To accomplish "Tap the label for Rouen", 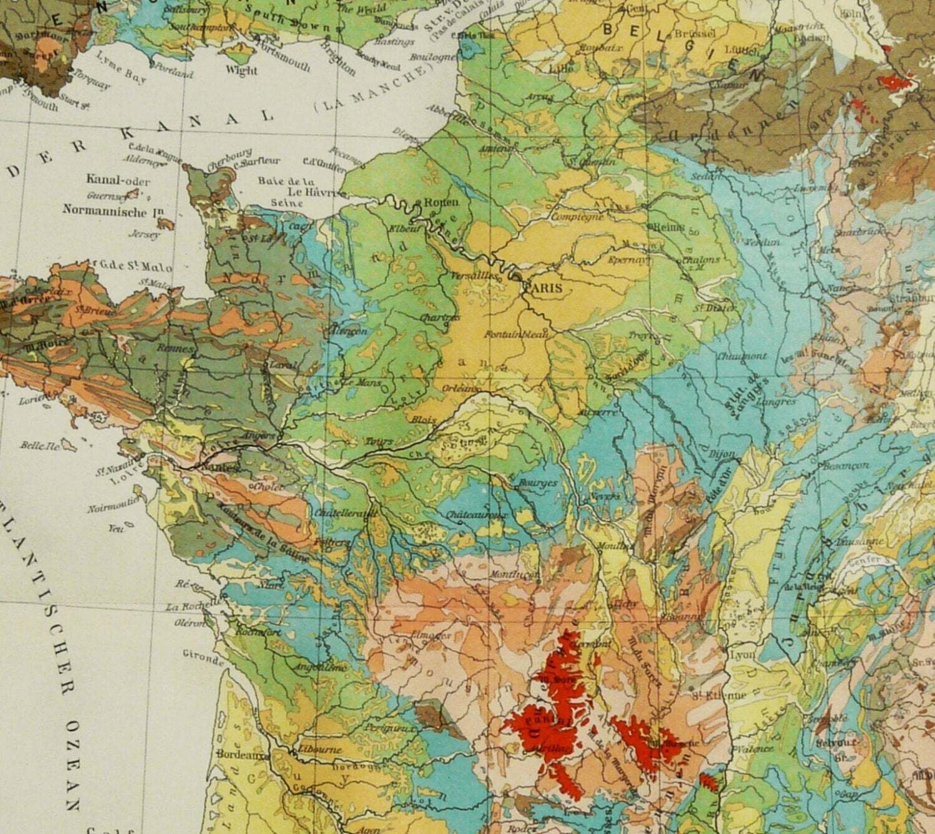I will pyautogui.click(x=441, y=202).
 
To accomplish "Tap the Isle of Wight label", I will pyautogui.click(x=242, y=70).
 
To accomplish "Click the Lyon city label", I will pyautogui.click(x=742, y=656).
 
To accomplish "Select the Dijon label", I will pyautogui.click(x=722, y=455).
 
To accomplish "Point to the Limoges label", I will pyautogui.click(x=427, y=636).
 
